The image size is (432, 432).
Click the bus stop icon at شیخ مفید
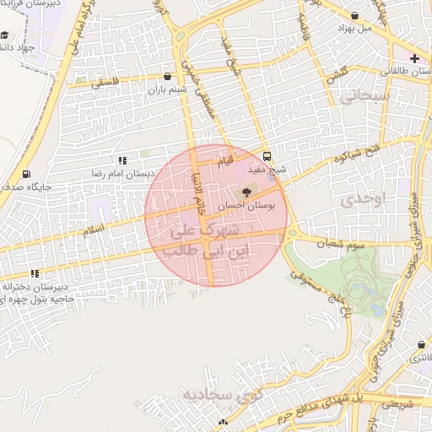coord(267,156)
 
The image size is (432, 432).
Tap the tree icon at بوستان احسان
coord(246,193)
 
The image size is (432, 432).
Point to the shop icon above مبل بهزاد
coord(354,15)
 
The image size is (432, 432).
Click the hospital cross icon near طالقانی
coord(414,57)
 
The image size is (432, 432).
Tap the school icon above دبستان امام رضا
coord(122,159)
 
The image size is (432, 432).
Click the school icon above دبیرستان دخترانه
coord(35,273)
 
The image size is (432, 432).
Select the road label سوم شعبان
coord(337,243)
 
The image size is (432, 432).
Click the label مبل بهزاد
coord(354,28)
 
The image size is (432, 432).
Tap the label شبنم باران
coord(165,89)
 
